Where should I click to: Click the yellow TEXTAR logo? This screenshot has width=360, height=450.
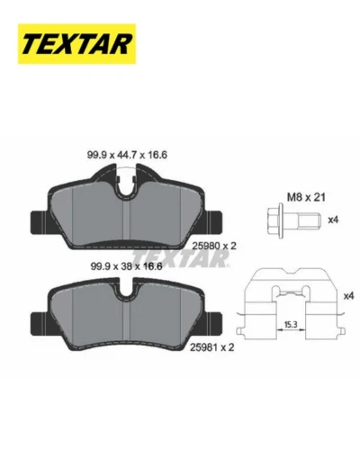click(x=76, y=44)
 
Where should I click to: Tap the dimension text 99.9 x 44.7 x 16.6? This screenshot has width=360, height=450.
click(x=127, y=155)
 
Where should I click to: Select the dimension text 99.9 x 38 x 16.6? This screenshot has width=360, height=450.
click(x=126, y=266)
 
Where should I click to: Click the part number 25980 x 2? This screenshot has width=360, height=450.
click(x=214, y=246)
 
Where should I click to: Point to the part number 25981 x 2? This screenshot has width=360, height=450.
click(x=212, y=347)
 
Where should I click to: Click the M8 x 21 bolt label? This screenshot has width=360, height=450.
click(x=306, y=197)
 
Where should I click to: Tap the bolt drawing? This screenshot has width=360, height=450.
click(x=294, y=220)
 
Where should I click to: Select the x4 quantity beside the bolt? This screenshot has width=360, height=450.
click(x=333, y=220)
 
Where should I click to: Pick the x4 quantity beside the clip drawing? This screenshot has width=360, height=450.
click(x=348, y=296)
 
